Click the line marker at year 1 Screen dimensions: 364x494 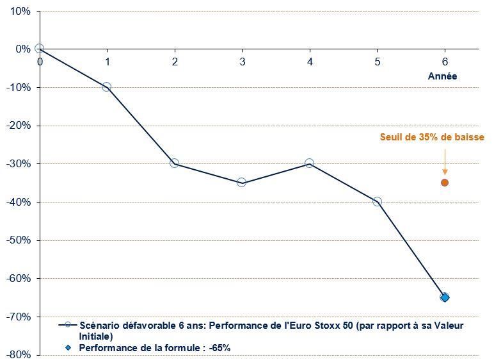[x=107, y=87]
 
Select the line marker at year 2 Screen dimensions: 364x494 [x=174, y=163]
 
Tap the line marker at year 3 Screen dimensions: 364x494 [x=242, y=183]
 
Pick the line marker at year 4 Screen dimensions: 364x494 [x=309, y=163]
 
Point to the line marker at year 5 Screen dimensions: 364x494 [x=377, y=202]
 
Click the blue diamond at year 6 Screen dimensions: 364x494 [x=445, y=297]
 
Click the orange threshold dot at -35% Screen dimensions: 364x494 [x=445, y=183]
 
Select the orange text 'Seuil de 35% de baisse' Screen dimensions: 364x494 [x=432, y=137]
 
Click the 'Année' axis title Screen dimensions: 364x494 [x=443, y=76]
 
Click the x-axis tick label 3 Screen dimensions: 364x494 [x=242, y=62]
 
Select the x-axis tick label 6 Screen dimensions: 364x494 [x=445, y=62]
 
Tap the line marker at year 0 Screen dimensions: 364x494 [x=40, y=49]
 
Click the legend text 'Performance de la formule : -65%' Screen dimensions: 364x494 [x=154, y=348]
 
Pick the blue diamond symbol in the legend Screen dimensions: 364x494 [x=67, y=347]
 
